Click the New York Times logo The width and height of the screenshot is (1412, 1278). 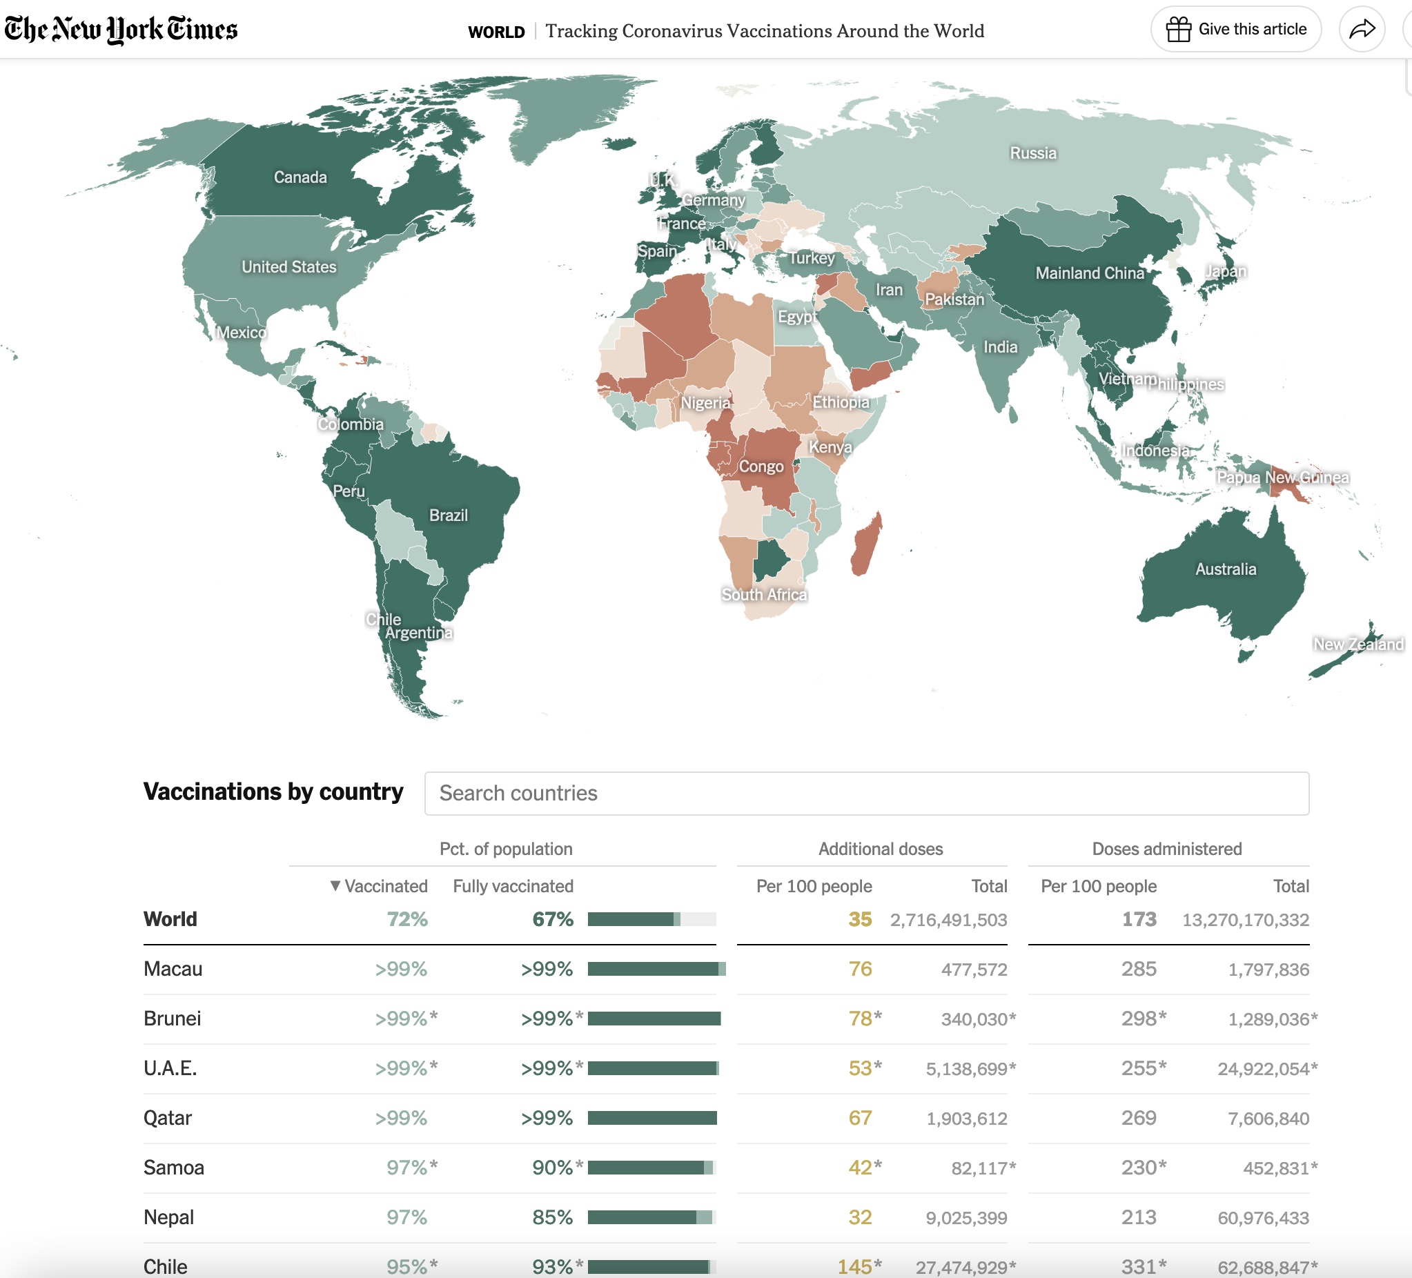click(121, 30)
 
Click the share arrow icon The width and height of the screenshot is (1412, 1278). click(1362, 30)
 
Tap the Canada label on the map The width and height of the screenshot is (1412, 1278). click(300, 177)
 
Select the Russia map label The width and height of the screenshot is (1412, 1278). click(1032, 153)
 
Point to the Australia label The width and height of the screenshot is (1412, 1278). click(1225, 569)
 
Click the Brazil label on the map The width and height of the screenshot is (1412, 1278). click(449, 515)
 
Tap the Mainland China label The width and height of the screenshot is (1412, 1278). click(1089, 273)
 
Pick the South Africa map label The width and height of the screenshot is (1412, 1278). click(764, 595)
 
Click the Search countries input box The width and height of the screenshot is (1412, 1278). click(866, 794)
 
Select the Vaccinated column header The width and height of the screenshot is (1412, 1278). click(379, 886)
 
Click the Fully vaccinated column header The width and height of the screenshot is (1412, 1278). click(513, 886)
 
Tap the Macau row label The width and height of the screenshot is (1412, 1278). click(173, 969)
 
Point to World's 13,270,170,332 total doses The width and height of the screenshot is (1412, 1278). click(1245, 919)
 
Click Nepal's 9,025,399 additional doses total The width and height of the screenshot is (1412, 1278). click(966, 1218)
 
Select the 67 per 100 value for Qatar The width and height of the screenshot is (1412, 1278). click(859, 1119)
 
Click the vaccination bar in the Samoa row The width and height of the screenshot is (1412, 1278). click(651, 1168)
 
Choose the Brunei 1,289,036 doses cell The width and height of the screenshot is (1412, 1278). click(1268, 1019)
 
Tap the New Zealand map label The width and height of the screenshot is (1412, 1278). click(1357, 645)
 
